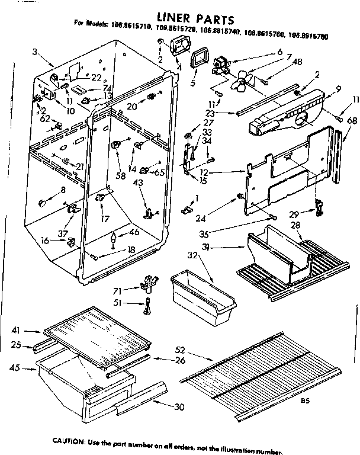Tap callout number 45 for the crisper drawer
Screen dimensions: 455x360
click(x=15, y=368)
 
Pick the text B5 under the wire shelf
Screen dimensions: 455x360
click(x=305, y=400)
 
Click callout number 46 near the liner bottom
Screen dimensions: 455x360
click(x=135, y=232)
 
